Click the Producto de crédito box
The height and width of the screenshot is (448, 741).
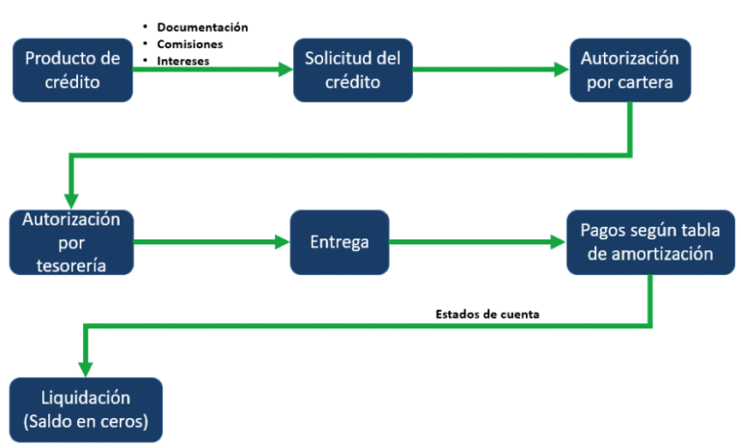(72, 70)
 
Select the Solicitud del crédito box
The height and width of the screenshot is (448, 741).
(352, 70)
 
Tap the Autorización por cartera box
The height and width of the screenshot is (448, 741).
(629, 70)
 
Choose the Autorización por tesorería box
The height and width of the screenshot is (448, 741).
(71, 242)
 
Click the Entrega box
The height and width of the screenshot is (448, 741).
(340, 242)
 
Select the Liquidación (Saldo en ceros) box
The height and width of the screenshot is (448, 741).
(86, 409)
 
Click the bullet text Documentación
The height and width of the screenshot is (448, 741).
(203, 27)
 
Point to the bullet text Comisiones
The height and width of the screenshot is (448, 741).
(190, 44)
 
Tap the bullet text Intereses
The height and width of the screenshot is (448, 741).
(183, 61)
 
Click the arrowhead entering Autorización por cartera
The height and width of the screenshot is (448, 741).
(562, 70)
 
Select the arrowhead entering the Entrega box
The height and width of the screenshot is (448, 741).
(283, 242)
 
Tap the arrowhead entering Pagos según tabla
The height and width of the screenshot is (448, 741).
(558, 242)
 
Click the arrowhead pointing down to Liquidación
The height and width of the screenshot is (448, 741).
(86, 369)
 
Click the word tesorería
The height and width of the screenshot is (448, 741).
(71, 264)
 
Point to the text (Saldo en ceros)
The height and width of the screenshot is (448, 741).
(86, 421)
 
